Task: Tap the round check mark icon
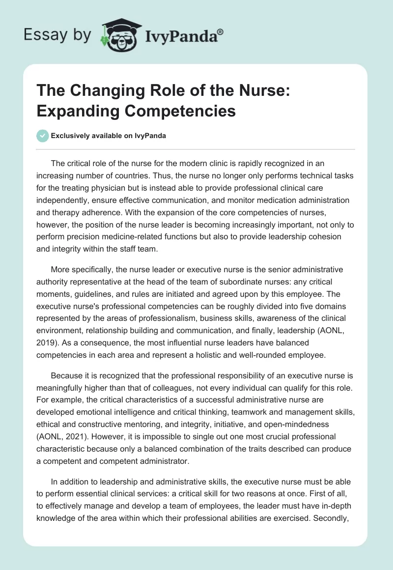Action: click(x=43, y=136)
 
